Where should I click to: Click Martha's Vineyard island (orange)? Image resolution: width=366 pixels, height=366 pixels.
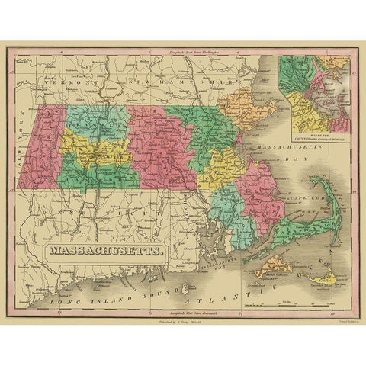click(274, 268)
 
